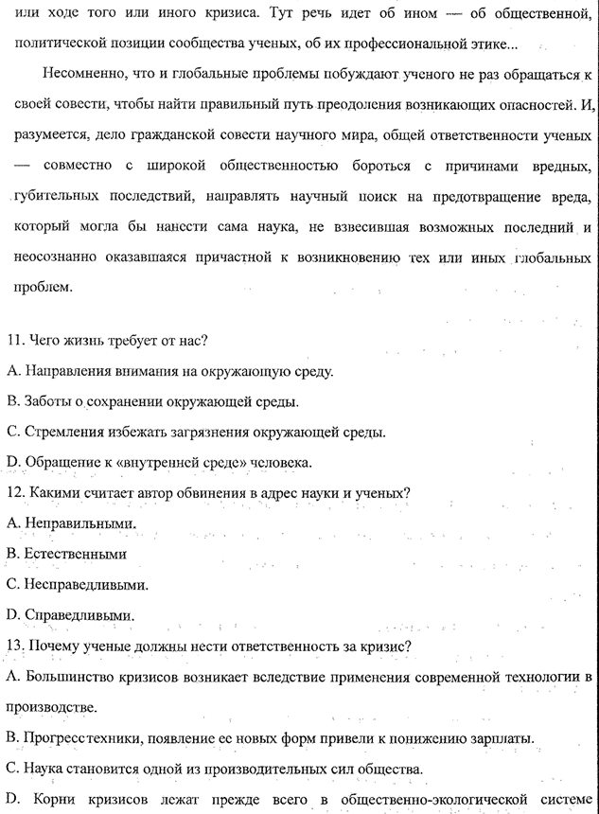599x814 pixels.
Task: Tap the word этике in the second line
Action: (497, 44)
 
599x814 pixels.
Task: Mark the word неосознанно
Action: (47, 258)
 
